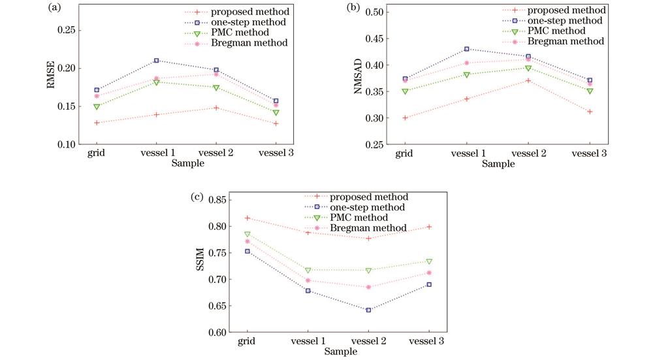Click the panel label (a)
pyautogui.click(x=56, y=8)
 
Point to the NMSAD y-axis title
pyautogui.click(x=358, y=83)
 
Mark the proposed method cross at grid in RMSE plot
pyautogui.click(x=97, y=123)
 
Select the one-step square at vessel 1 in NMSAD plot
pyautogui.click(x=466, y=49)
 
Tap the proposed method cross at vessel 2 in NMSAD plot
pyautogui.click(x=528, y=80)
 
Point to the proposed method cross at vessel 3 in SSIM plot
pyautogui.click(x=430, y=227)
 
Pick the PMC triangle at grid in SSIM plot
pyautogui.click(x=247, y=234)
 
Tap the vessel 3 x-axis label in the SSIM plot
pyautogui.click(x=430, y=341)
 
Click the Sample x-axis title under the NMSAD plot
pyautogui.click(x=498, y=164)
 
